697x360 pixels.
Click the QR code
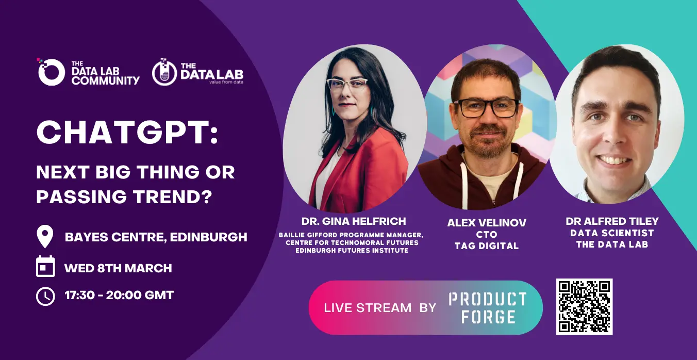coord(585,307)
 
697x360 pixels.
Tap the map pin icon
coord(45,236)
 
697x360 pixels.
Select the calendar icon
coord(45,267)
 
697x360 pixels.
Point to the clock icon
coord(45,296)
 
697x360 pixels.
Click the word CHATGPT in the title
coord(127,133)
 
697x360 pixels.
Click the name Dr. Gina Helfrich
coord(354,221)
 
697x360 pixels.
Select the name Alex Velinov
coord(487,223)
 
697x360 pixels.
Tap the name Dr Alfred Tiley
coord(612,221)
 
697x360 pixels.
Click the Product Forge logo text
coord(488,308)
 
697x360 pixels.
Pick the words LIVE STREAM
coord(368,308)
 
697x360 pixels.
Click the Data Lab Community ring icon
coord(52,72)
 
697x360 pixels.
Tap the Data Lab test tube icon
coord(164,72)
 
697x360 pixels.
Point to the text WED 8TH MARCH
coord(118,268)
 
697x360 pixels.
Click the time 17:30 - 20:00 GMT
coord(119,295)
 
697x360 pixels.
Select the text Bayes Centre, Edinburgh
coord(156,237)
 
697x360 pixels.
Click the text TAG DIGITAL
coord(487,246)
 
